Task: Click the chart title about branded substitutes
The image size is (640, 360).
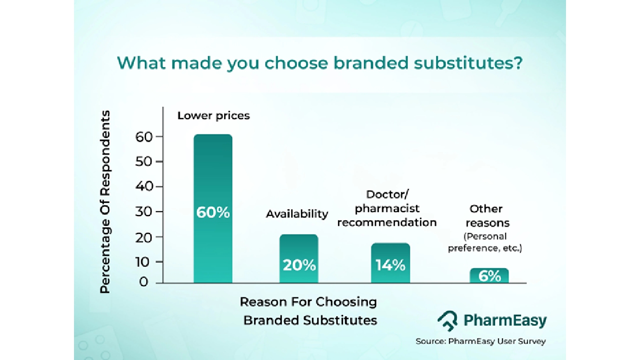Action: tap(319, 63)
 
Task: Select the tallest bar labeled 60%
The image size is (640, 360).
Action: tap(213, 208)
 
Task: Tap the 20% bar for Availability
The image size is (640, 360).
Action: tap(299, 258)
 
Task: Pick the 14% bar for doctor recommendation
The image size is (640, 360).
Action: tap(390, 263)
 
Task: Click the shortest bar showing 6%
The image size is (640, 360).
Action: tap(489, 275)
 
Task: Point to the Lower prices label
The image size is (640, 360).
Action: tap(213, 115)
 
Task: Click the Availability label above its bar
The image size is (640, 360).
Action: tap(297, 214)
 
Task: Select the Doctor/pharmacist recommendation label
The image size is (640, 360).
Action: tap(387, 208)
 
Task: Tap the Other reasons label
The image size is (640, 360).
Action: tap(486, 215)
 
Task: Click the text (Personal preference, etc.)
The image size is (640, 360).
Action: tap(485, 242)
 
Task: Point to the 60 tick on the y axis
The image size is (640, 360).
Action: tap(144, 137)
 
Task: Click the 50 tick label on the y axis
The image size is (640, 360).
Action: tap(144, 161)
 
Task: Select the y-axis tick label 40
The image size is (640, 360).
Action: tap(144, 186)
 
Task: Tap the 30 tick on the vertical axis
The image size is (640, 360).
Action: tap(144, 211)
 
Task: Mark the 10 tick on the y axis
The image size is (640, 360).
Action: tap(142, 261)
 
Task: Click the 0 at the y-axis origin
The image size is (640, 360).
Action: tap(143, 282)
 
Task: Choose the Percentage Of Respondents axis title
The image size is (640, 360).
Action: tap(105, 201)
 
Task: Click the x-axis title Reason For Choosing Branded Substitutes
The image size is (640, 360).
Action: tap(309, 311)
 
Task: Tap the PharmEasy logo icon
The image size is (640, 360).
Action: tap(447, 320)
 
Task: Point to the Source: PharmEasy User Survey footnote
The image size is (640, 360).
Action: tap(481, 341)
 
